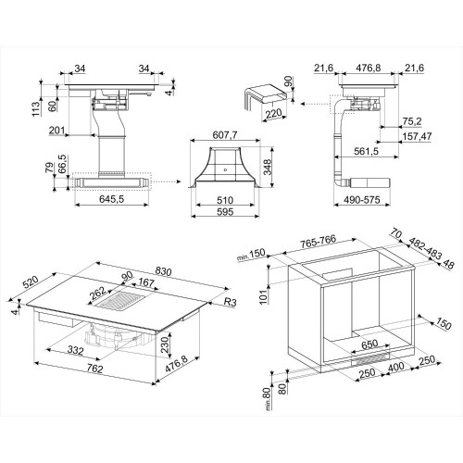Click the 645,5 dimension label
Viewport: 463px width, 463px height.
[111, 199]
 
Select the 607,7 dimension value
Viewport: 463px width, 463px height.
[225, 135]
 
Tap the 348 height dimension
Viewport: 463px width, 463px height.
[268, 167]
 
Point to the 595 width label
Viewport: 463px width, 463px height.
[225, 212]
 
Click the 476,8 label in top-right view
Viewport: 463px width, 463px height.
[369, 68]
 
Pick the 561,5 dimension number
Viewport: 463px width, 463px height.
[366, 151]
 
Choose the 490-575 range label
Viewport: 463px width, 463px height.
[362, 200]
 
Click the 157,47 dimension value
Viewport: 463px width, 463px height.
[417, 136]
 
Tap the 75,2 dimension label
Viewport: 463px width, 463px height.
[412, 121]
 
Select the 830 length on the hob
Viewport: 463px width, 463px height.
[163, 271]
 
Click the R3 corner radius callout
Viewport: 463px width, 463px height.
[230, 302]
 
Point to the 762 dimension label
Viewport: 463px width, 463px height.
[94, 369]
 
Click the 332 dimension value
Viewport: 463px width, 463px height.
[75, 350]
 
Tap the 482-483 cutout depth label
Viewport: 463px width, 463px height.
[425, 248]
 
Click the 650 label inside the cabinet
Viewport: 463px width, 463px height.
[369, 344]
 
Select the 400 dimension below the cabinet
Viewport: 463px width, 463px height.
[395, 367]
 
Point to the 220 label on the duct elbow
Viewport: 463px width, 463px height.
[274, 114]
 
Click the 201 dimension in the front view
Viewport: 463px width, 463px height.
[56, 131]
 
